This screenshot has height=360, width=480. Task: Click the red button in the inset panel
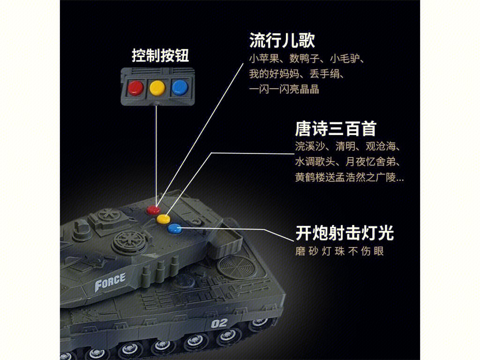[135, 88]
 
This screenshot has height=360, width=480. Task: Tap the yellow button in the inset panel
[157, 88]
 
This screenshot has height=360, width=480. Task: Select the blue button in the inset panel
[180, 88]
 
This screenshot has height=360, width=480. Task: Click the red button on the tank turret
[153, 210]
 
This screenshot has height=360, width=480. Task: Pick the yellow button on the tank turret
[163, 219]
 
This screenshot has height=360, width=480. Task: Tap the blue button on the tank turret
[174, 228]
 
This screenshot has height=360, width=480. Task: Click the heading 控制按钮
[160, 55]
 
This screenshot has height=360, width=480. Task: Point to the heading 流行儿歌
[282, 40]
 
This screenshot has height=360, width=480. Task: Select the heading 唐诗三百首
[336, 128]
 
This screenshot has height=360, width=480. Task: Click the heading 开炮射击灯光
[345, 233]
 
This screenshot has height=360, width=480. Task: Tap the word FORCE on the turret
[110, 282]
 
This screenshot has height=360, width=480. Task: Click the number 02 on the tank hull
[219, 323]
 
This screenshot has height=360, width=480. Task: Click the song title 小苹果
[264, 58]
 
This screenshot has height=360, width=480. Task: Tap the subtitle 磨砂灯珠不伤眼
[339, 251]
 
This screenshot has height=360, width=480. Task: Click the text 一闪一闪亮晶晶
[284, 89]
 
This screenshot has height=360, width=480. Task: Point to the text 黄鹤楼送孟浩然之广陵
[345, 177]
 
